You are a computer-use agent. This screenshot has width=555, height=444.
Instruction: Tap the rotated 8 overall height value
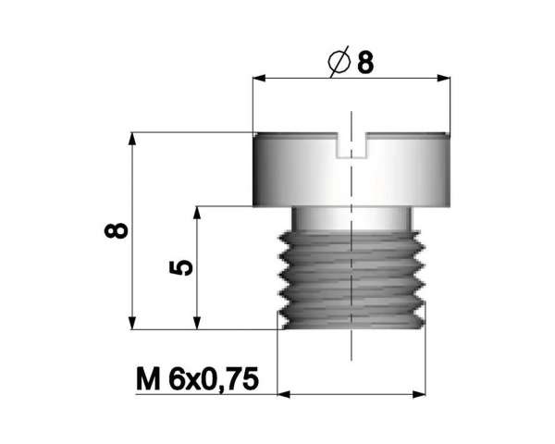point(116,230)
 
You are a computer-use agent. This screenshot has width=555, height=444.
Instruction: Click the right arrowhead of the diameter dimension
point(449,79)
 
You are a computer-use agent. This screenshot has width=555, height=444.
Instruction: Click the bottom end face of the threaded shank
point(351,326)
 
